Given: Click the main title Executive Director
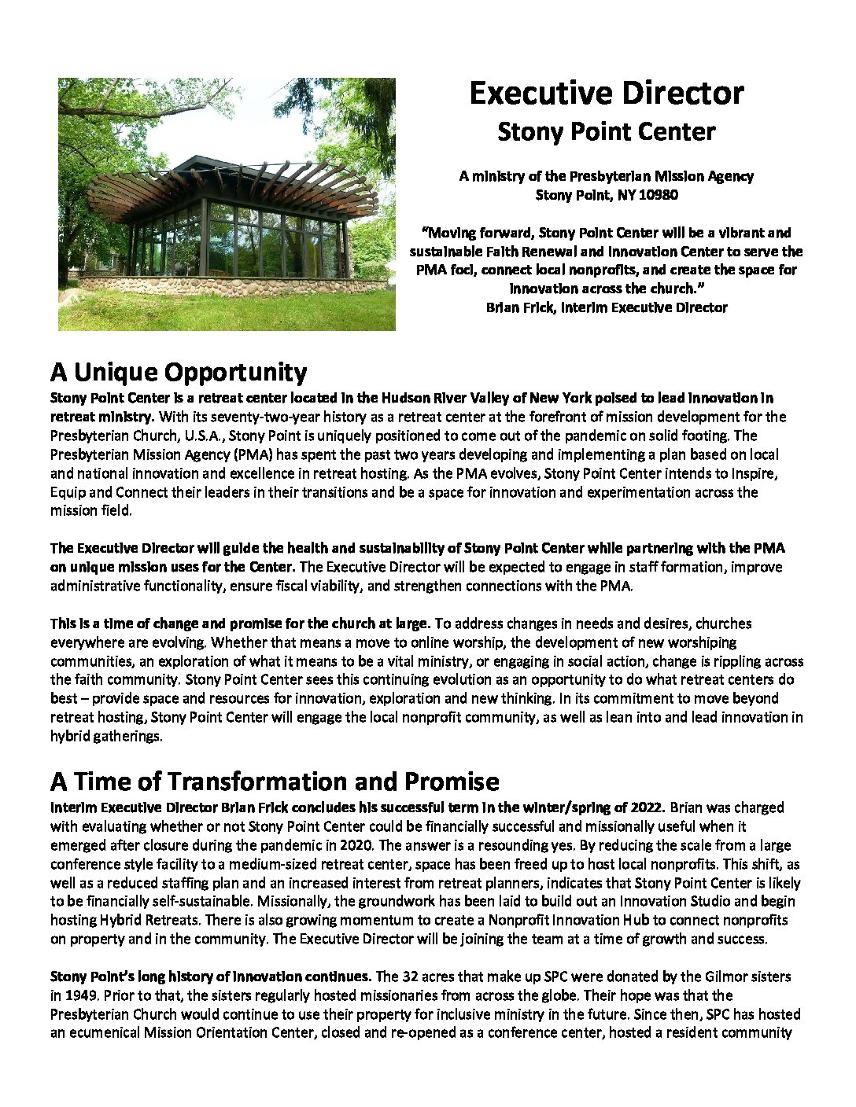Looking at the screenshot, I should tap(606, 94).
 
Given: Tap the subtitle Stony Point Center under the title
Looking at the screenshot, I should tap(606, 132).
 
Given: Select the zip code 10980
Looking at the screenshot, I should tap(658, 195).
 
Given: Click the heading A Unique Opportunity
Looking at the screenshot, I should tap(179, 372).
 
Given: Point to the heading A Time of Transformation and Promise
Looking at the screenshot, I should tap(275, 782).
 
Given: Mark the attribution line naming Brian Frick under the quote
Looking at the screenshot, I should tap(606, 307).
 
